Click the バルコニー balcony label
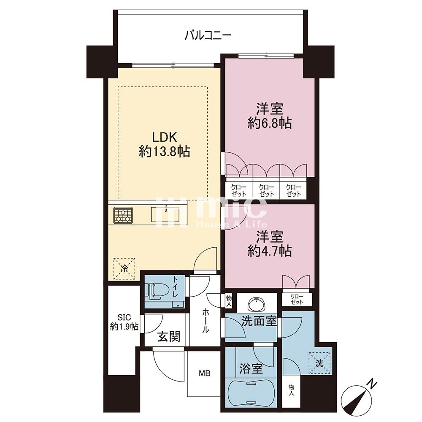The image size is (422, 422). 208,35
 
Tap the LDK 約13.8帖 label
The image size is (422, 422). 165,145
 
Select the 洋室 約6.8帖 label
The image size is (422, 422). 269,116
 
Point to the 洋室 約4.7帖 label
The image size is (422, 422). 269,244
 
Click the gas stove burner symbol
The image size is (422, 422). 123,215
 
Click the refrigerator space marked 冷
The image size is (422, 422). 124,268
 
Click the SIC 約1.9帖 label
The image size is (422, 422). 124,322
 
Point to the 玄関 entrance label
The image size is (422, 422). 168,336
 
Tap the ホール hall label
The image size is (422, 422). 205,321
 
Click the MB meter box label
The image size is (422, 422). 205,373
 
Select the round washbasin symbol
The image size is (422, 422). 257,304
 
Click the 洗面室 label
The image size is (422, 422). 259,321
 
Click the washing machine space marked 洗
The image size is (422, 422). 319,363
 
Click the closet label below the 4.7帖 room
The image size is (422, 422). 297,299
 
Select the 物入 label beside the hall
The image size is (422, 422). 229,300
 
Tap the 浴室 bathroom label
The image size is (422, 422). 251,369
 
